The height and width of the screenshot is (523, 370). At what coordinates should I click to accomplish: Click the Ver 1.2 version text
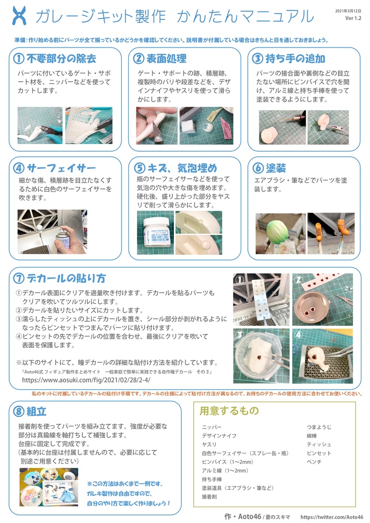pyautogui.click(x=353, y=18)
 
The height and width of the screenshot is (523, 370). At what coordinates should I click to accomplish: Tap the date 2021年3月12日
pyautogui.click(x=349, y=11)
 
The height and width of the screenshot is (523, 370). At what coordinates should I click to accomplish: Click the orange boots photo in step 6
pyautogui.click(x=331, y=233)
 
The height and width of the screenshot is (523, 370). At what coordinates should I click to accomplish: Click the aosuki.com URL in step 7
pyautogui.click(x=86, y=380)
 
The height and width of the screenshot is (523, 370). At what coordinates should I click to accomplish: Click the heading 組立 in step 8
pyautogui.click(x=36, y=412)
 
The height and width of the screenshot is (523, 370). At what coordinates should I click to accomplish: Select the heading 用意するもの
pyautogui.click(x=229, y=411)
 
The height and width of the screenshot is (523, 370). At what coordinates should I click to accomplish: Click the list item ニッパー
pyautogui.click(x=212, y=426)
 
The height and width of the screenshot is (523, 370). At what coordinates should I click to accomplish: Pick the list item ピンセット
pyautogui.click(x=318, y=453)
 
